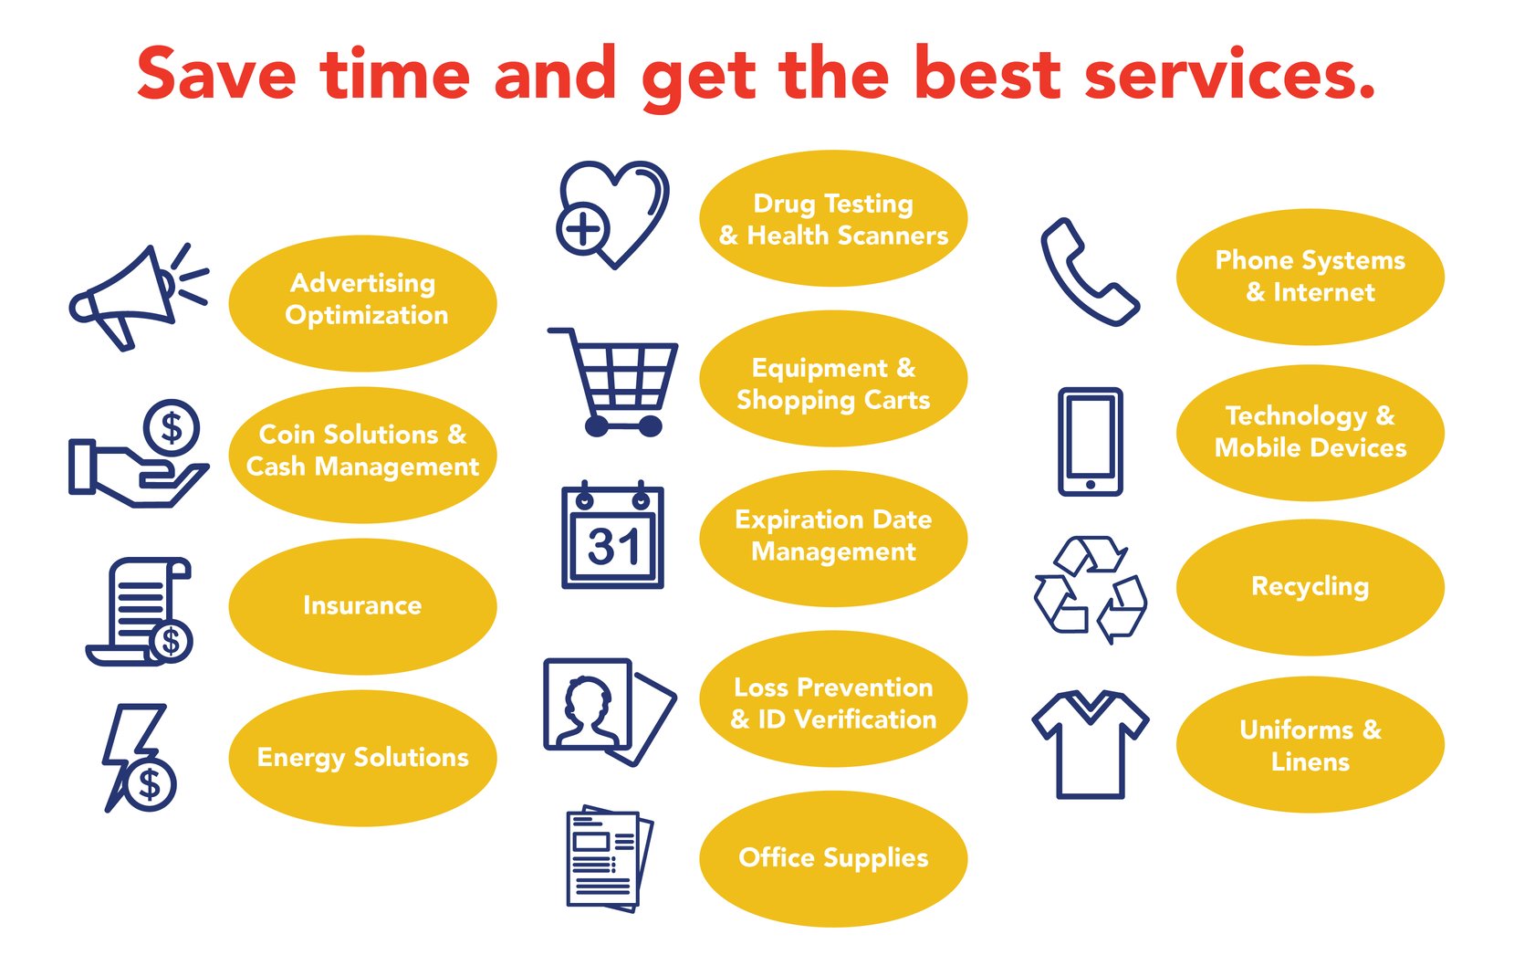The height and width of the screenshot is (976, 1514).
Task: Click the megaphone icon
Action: [139, 298]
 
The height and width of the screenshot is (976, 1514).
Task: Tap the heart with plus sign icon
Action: [612, 215]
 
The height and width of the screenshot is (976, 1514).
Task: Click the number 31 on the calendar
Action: [613, 547]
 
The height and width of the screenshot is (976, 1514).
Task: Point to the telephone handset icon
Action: [1090, 272]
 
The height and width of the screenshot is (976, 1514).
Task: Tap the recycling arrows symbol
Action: [1091, 590]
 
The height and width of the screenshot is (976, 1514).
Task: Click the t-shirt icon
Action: [1091, 745]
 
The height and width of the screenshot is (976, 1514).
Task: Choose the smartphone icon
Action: [1091, 442]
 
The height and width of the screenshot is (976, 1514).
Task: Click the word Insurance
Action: [362, 605]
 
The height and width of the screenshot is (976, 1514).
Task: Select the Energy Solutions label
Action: [363, 758]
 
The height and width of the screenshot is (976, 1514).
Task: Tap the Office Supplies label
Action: [833, 858]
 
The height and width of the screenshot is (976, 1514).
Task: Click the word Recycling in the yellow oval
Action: [1310, 587]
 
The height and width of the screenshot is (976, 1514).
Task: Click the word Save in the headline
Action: [216, 74]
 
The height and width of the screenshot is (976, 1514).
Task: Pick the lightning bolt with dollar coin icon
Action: [140, 758]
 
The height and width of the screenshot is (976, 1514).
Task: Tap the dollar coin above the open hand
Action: [171, 427]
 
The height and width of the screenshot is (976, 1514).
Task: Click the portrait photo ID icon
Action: [610, 712]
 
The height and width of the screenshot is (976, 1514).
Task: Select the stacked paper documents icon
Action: [610, 858]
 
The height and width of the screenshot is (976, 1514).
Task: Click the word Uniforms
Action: [1297, 730]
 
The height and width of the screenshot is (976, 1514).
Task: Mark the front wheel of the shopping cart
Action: [596, 426]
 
